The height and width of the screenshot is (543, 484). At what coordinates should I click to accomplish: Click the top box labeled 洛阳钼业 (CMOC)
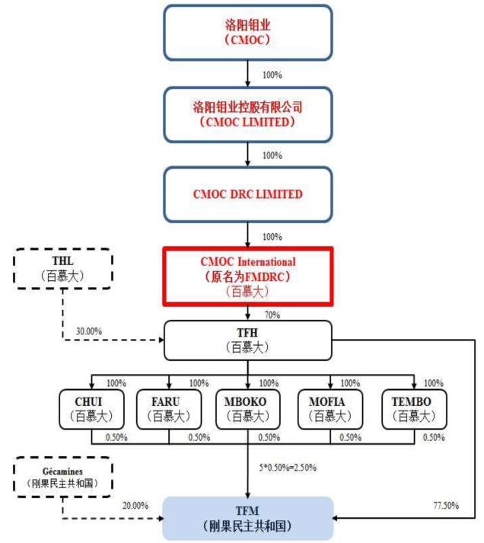(x=248, y=31)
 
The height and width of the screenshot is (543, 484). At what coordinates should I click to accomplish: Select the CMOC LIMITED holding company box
(x=248, y=113)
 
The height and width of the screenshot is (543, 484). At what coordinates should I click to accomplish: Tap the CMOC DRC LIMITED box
(x=248, y=194)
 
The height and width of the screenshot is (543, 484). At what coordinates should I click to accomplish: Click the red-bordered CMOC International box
(x=248, y=275)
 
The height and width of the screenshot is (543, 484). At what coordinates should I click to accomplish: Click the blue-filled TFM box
(x=248, y=518)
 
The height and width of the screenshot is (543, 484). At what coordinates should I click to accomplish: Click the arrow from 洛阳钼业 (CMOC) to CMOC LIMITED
(x=248, y=72)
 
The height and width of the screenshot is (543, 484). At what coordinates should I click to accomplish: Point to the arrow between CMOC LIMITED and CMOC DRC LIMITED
(x=248, y=153)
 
